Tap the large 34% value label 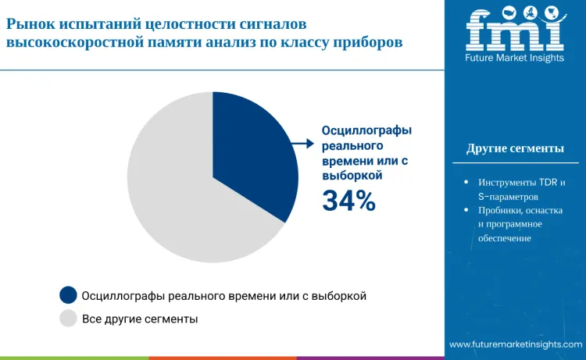349,201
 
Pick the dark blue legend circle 69,294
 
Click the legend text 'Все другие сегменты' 140,319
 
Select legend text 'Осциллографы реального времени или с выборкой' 224,295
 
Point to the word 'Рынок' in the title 29,25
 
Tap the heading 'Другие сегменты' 515,148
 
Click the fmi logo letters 515,30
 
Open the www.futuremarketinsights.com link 515,344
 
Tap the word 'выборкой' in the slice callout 352,176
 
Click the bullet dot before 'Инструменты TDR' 466,182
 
